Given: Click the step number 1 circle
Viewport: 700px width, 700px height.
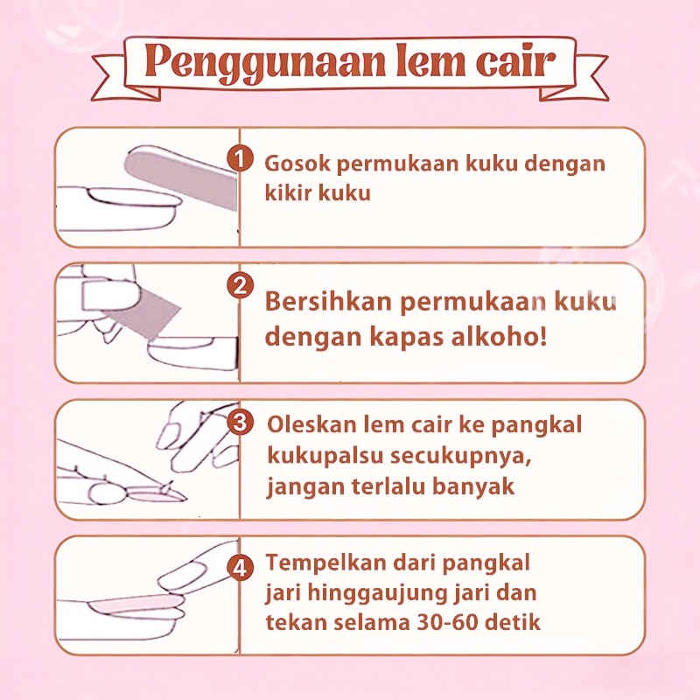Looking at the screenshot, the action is pos(240,159).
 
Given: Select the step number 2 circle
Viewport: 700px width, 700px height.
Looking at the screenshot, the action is pos(240,285).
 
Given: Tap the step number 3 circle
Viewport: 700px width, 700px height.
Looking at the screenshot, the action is pos(240,422).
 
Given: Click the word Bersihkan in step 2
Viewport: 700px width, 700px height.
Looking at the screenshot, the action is pos(328,301).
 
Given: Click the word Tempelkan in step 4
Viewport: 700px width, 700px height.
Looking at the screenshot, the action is pos(325,563).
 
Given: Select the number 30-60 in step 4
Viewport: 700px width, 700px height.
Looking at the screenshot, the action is pos(447,622).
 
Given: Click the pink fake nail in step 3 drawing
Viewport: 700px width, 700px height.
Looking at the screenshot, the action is pos(150,494).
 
